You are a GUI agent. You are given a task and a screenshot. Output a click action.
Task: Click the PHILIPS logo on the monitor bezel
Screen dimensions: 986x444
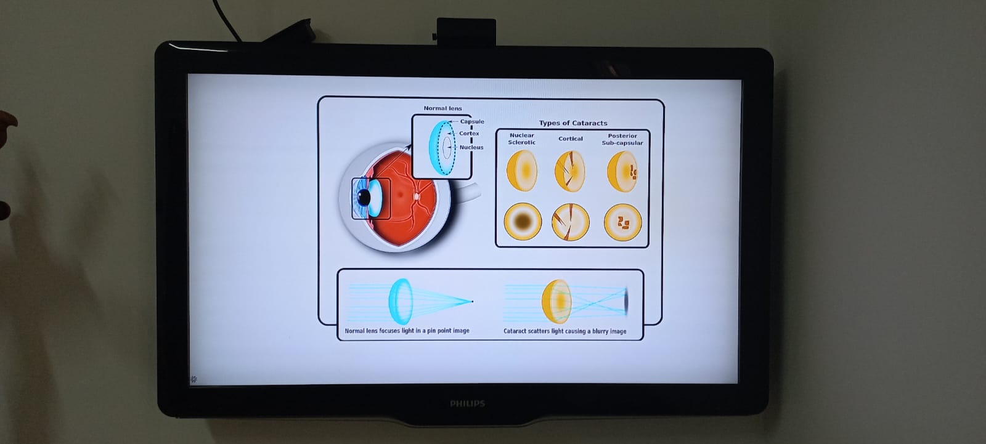click(467, 403)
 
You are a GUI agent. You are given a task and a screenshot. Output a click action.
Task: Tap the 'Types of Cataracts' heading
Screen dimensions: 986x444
click(573, 123)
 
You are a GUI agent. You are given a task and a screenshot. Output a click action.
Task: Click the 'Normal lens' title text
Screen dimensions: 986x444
click(442, 108)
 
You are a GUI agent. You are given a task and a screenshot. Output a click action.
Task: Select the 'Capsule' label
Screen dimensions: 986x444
click(472, 121)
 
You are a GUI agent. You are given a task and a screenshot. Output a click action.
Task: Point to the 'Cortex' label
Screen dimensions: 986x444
click(469, 133)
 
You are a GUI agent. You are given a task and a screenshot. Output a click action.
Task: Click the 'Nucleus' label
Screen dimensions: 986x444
click(471, 147)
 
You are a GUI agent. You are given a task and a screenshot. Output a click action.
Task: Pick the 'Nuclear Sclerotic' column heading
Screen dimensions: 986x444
click(521, 139)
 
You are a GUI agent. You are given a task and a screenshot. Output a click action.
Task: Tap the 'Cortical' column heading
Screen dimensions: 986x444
click(571, 139)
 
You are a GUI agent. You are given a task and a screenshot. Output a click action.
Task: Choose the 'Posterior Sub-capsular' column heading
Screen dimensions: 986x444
click(622, 139)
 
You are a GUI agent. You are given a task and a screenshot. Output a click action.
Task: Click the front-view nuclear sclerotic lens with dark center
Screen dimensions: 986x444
click(523, 221)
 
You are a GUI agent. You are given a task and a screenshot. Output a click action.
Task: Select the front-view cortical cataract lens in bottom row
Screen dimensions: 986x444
click(570, 222)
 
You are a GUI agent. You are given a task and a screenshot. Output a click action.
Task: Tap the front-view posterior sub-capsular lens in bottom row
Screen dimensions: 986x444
click(622, 222)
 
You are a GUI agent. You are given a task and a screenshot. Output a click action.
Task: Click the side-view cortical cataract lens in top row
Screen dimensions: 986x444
click(570, 171)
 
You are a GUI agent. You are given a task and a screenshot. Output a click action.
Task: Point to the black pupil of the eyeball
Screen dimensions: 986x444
click(364, 197)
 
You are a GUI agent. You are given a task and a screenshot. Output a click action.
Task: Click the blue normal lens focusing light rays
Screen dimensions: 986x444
click(400, 301)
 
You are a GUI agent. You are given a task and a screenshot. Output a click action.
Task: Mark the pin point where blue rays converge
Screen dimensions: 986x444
click(472, 301)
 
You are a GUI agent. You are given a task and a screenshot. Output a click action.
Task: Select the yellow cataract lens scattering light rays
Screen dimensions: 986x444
click(557, 302)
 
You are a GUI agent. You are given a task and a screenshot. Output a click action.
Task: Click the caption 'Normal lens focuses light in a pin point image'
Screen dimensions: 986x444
click(407, 331)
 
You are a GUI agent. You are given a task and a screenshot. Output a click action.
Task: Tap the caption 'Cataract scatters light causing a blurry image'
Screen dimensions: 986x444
click(564, 331)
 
